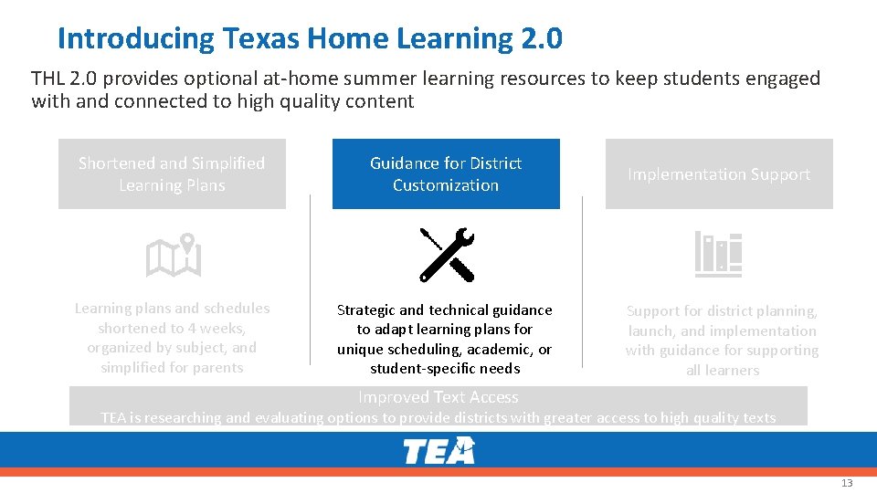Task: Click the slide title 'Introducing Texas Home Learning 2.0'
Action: click(x=310, y=39)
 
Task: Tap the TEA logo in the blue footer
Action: click(x=439, y=450)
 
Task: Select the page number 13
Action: click(x=847, y=483)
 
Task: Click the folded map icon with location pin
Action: click(x=174, y=255)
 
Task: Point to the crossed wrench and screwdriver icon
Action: click(x=447, y=254)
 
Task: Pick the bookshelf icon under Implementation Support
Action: click(x=718, y=254)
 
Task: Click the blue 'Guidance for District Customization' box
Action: click(x=446, y=174)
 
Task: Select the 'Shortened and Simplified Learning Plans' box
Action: click(x=172, y=174)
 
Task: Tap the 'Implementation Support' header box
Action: click(x=719, y=174)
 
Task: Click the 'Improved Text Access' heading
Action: click(x=438, y=397)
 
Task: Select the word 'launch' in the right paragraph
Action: click(x=650, y=330)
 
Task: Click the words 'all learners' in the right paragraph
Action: click(x=723, y=371)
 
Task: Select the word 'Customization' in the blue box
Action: click(x=446, y=185)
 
